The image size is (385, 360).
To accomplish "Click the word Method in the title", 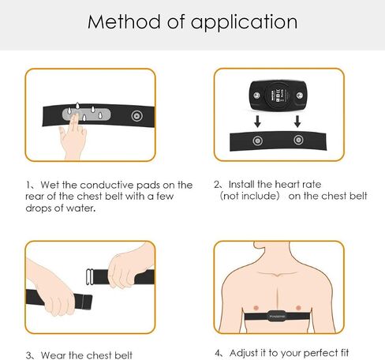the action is pos(124,22).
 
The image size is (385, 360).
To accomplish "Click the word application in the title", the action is pos(244,23).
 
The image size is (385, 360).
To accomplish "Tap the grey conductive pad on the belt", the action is pos(87,114).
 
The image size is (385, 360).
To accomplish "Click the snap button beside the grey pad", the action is pos(137,116).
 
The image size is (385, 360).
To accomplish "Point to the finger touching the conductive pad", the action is pos(75,123).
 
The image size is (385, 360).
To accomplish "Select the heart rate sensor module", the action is pos(278,96).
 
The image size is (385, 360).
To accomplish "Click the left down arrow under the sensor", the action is pos(257,122).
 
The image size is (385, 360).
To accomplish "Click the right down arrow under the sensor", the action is pos(297,122).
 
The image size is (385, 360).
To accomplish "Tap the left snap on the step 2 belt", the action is pos(257,141).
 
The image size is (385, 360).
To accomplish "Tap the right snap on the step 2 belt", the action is pos(298,140).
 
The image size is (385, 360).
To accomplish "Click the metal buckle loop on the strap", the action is pos(90,276).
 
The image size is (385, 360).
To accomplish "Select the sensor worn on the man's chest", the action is pos(277,316).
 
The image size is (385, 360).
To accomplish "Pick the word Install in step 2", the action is pos(241,184).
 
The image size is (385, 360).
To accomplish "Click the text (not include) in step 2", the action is pos(249,196).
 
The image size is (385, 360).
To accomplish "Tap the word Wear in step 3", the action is pos(54,355).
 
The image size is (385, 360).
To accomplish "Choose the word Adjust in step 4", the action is pos(244,353).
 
